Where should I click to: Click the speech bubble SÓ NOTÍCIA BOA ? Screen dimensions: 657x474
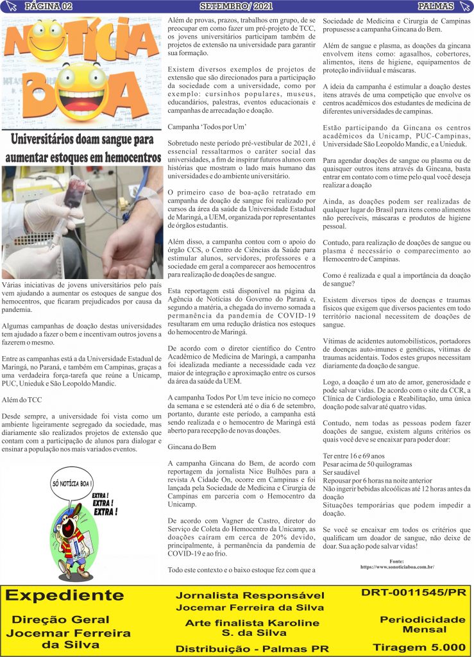point(72,482)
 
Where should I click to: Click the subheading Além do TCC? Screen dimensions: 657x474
point(21,400)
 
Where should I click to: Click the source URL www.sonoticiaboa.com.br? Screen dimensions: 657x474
point(397,567)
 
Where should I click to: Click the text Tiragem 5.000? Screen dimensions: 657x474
point(419,647)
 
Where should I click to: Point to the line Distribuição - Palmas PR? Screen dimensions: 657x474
point(252,649)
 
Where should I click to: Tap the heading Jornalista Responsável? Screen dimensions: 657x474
point(250,595)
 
